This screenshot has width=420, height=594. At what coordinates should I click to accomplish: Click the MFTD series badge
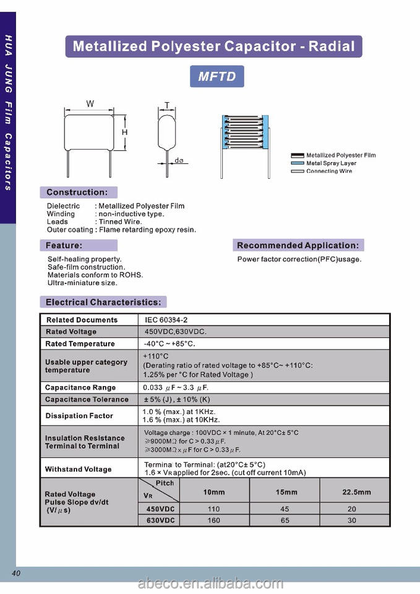point(216,77)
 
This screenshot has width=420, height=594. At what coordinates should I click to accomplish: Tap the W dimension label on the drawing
point(90,104)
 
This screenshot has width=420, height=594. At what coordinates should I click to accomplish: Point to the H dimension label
point(124,132)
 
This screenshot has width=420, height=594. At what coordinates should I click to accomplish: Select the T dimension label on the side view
point(167,105)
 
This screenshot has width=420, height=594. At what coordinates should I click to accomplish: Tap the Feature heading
point(64,246)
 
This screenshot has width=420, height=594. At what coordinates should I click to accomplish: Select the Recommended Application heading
point(298,246)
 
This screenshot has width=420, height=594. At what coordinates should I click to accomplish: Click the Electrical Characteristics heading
point(103,303)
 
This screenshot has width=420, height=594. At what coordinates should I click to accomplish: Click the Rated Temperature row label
point(80,343)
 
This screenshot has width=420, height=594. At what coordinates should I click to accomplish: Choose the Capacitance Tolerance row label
point(87,399)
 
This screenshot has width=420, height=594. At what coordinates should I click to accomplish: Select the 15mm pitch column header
point(286,493)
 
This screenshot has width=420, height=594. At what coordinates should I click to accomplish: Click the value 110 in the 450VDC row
point(214,509)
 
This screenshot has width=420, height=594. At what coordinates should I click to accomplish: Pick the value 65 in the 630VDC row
point(285,520)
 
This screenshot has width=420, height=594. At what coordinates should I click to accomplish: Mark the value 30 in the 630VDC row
point(352,520)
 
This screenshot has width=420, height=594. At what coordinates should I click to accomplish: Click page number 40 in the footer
point(16,573)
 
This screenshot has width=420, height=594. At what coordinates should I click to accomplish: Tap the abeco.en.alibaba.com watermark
point(210,584)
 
